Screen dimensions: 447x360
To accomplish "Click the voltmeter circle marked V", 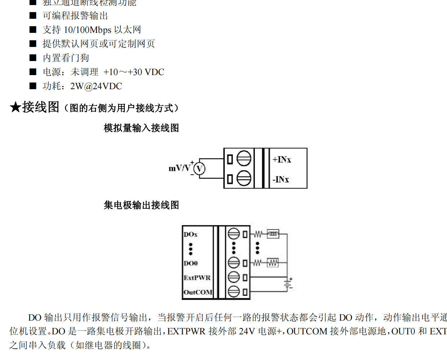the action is (199, 169).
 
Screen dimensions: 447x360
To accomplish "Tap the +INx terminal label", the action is (282, 160).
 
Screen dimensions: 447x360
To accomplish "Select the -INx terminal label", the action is (281, 179).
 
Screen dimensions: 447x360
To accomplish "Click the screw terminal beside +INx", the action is (244, 158).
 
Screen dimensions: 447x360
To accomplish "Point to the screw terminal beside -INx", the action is (244, 178).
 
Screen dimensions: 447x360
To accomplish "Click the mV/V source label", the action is (179, 168).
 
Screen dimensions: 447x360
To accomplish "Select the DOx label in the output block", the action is (191, 234).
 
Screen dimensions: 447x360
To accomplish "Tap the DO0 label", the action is (191, 263).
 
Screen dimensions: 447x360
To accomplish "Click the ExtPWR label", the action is (197, 278).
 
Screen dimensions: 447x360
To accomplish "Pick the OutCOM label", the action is (198, 292).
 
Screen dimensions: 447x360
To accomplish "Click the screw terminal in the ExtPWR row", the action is (234, 277).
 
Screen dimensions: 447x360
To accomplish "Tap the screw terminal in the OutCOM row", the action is (234, 291).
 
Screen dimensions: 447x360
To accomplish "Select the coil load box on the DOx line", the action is (273, 234).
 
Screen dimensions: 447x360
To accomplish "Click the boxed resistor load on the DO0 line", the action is (273, 263).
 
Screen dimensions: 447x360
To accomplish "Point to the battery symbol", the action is (288, 284).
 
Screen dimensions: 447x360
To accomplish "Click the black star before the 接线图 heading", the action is (15, 107).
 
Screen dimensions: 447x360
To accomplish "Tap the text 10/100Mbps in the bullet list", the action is (87, 30).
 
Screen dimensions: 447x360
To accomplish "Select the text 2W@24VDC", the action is (96, 86).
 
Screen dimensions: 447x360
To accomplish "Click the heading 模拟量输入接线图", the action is (141, 128).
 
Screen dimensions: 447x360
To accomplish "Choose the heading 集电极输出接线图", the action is (141, 205).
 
